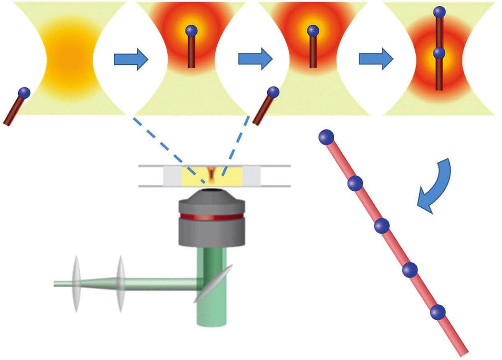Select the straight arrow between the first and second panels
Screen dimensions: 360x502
[x=131, y=60]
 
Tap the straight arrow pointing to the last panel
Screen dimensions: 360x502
[x=376, y=60]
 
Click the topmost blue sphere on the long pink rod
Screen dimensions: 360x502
[x=326, y=136]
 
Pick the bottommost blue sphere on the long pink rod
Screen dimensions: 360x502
[x=438, y=312]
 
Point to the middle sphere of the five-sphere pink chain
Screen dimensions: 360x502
[x=382, y=226]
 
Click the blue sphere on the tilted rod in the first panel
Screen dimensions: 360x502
[x=25, y=92]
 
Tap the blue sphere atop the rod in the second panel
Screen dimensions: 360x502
[x=191, y=30]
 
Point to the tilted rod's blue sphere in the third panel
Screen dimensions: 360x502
[x=273, y=92]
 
